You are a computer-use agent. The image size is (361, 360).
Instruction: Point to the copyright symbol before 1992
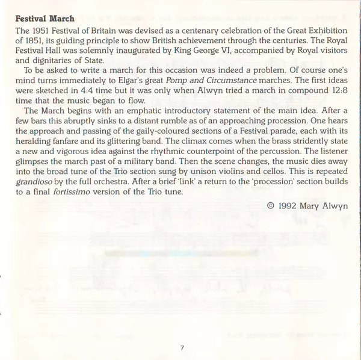(270, 206)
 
